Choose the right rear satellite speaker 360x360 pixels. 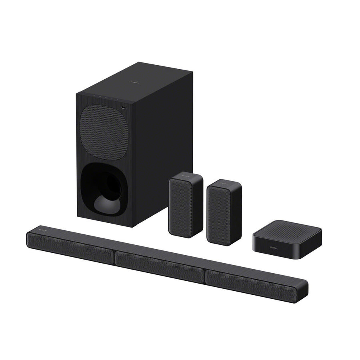click(224, 212)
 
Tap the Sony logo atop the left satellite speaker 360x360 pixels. click(184, 176)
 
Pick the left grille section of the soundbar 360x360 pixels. click(70, 248)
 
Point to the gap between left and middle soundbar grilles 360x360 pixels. click(114, 256)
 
